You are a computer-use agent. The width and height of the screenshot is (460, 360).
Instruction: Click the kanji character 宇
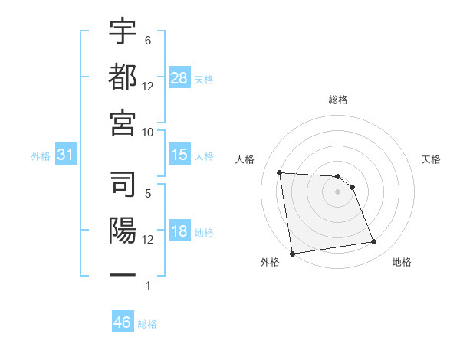(x=123, y=32)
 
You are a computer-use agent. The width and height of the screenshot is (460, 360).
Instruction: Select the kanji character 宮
(x=123, y=121)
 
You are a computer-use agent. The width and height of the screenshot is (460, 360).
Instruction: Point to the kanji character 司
(x=123, y=184)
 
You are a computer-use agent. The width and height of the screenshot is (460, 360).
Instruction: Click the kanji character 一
(x=123, y=273)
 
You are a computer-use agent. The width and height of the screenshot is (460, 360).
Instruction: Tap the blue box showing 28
(x=179, y=78)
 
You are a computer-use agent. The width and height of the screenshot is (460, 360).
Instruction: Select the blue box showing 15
(x=179, y=155)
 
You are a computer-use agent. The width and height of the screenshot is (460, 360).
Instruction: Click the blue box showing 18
(x=179, y=232)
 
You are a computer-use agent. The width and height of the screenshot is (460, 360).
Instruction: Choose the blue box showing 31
(x=65, y=155)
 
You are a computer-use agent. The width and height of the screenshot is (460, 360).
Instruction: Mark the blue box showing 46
(x=123, y=322)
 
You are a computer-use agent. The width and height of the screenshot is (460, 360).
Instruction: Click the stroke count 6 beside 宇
(x=147, y=40)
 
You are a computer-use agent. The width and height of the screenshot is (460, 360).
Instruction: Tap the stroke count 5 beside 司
(x=147, y=194)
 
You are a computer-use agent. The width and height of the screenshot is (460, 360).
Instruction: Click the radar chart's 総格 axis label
(x=338, y=100)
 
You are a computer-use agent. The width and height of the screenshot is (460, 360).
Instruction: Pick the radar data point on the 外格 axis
(x=292, y=254)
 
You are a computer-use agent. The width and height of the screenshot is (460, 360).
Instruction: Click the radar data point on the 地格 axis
(x=373, y=242)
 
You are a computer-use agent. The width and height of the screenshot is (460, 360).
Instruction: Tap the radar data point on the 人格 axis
(x=280, y=172)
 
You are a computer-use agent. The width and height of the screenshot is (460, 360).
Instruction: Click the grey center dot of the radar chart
(x=338, y=191)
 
